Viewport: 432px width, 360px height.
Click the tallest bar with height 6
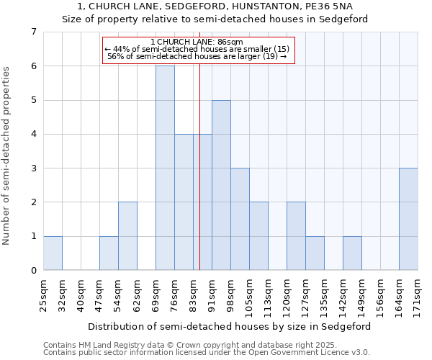click(165, 168)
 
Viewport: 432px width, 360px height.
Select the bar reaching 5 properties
click(221, 185)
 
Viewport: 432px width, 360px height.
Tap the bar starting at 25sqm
click(53, 253)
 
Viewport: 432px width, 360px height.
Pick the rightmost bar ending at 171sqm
click(408, 219)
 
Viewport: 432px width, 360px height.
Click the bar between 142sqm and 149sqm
click(352, 253)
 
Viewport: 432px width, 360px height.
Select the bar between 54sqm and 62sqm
click(127, 236)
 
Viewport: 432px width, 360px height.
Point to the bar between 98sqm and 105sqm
click(240, 219)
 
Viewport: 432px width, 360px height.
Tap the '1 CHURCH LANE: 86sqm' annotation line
click(199, 42)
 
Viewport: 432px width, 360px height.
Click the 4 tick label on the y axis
click(33, 134)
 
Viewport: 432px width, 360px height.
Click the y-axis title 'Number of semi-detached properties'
click(7, 156)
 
